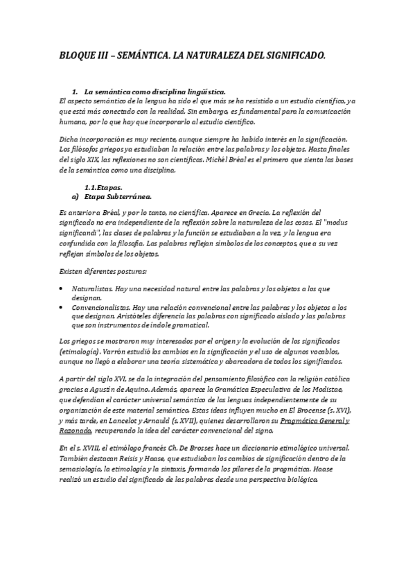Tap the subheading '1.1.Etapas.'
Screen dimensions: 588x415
pos(103,187)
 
